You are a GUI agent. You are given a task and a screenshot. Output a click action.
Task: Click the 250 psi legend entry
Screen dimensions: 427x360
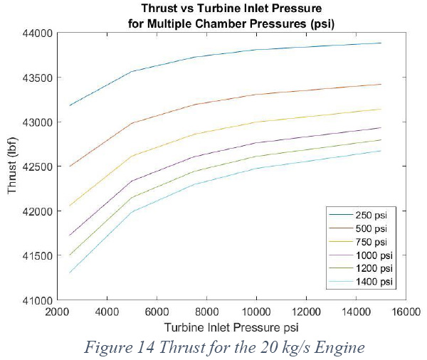point(371,215)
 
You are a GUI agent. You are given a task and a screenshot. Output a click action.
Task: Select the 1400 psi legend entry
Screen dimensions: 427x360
point(374,282)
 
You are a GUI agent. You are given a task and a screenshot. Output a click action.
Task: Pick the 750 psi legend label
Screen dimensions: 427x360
point(371,242)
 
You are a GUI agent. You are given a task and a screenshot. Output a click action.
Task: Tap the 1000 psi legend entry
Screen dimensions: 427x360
point(374,255)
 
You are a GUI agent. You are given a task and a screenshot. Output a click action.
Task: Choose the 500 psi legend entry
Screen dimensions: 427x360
point(371,228)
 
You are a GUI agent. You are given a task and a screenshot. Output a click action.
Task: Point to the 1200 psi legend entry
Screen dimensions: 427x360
point(374,268)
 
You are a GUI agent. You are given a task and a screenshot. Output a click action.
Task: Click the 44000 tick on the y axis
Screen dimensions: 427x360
point(38,33)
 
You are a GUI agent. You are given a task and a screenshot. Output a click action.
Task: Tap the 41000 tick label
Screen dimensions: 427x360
point(38,301)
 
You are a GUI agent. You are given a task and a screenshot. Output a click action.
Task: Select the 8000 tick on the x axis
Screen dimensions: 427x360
point(206,312)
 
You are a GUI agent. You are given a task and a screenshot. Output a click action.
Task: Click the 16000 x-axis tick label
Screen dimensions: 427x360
point(406,312)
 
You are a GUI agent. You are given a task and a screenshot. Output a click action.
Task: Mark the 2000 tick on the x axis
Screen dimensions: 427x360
point(57,312)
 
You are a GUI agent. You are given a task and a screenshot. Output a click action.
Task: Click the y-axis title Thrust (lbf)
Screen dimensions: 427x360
point(12,166)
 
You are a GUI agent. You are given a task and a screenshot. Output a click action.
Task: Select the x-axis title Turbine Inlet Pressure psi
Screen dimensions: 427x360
point(231,327)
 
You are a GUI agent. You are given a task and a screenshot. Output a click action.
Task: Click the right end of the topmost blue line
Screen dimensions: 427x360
point(381,43)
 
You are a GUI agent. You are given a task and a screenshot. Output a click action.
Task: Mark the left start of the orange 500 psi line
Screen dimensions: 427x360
point(70,166)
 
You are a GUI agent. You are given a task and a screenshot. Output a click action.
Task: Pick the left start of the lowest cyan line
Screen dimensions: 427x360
point(70,272)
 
